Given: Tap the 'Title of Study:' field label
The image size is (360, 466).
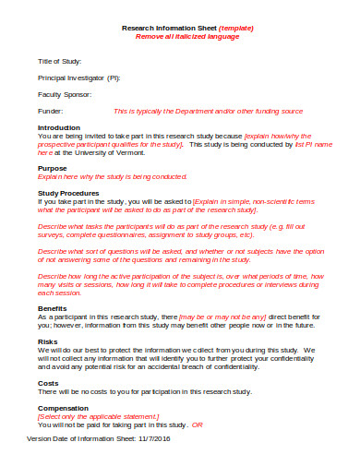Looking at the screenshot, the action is pyautogui.click(x=60, y=60).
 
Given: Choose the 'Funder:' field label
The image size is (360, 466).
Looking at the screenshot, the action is pyautogui.click(x=50, y=111).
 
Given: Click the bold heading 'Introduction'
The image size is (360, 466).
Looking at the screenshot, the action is pyautogui.click(x=58, y=127).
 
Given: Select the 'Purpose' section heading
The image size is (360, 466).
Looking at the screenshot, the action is pyautogui.click(x=52, y=168).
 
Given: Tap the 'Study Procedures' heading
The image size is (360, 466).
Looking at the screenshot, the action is pyautogui.click(x=67, y=192).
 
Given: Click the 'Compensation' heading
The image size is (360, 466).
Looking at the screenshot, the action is pyautogui.click(x=64, y=407).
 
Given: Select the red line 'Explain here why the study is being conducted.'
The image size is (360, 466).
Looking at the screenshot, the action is pyautogui.click(x=112, y=176).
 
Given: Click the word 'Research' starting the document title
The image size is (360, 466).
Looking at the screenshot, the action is pyautogui.click(x=138, y=29).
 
